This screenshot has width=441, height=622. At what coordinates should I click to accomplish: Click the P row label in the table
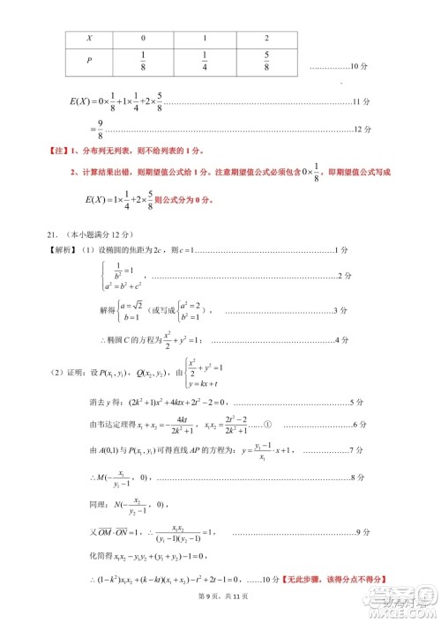(88, 61)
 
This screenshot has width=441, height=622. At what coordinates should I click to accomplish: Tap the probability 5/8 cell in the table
(265, 61)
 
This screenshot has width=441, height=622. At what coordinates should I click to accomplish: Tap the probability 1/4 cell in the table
(205, 61)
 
